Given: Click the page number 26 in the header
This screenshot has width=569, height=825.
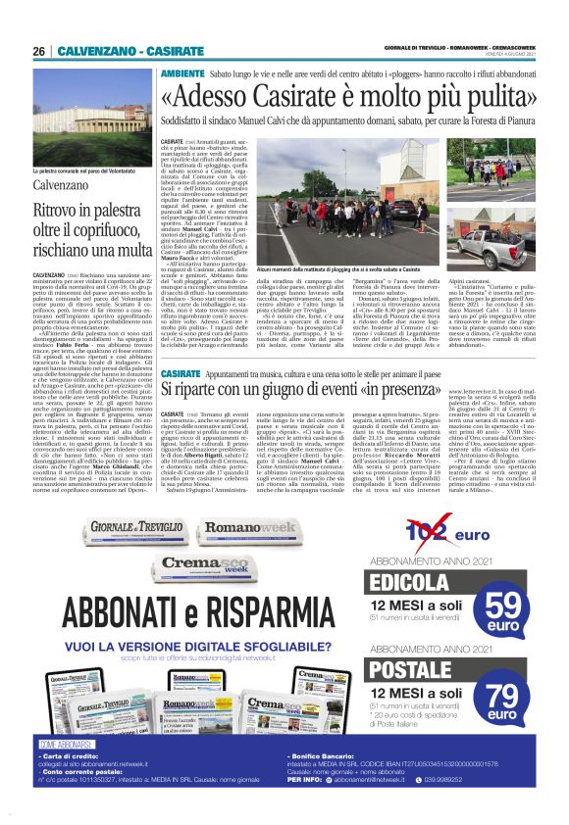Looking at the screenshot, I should (39, 51).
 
